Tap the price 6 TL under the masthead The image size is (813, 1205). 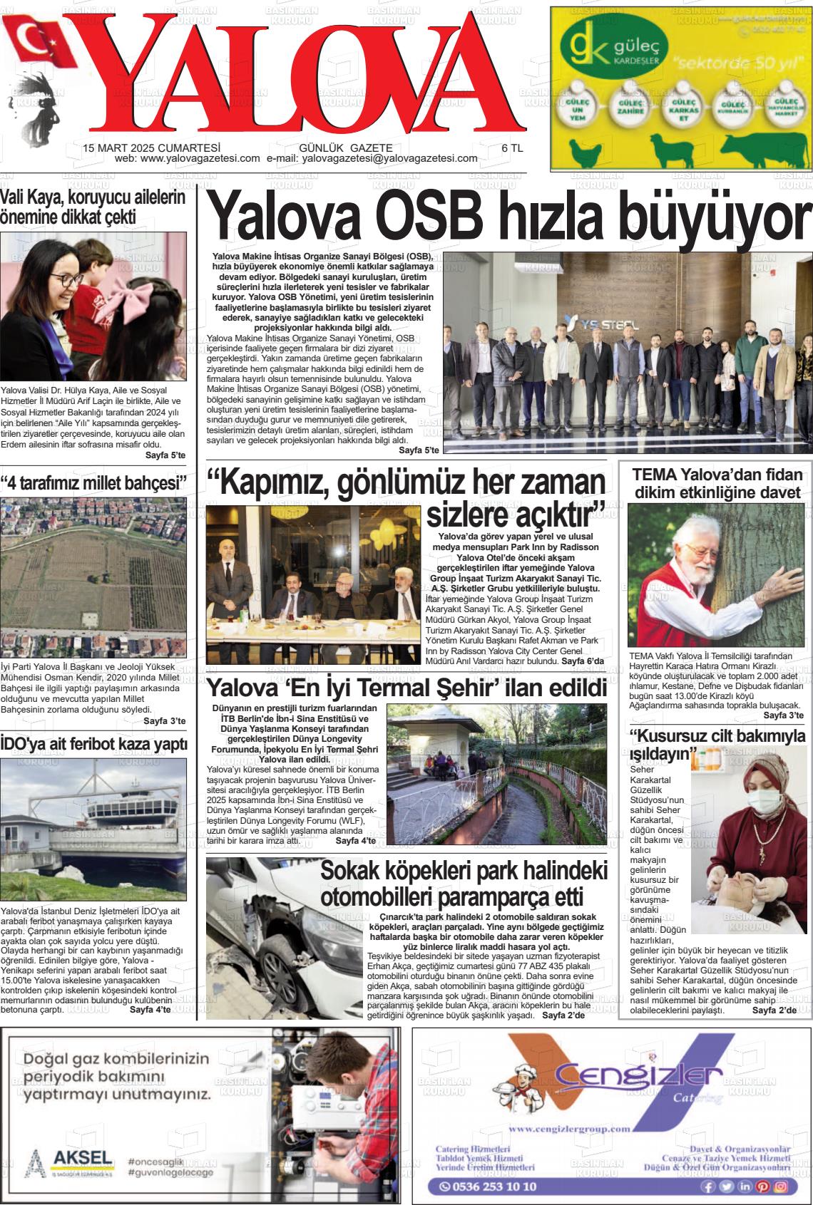[x=512, y=148]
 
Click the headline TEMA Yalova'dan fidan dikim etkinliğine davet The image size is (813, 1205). [x=717, y=482]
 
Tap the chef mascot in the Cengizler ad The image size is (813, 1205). [x=534, y=1084]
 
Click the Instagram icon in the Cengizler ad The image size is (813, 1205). [x=781, y=1186]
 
